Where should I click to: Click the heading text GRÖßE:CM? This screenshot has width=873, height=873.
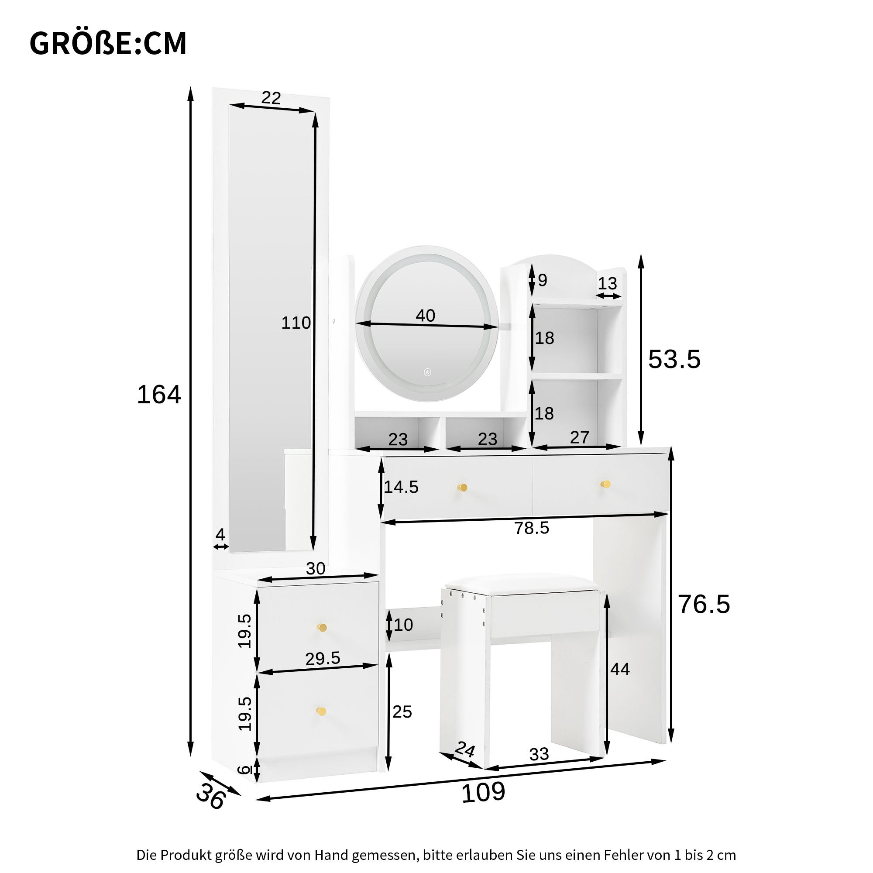point(107,44)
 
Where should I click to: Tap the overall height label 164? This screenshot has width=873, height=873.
point(158,395)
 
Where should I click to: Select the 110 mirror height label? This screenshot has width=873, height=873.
point(296,323)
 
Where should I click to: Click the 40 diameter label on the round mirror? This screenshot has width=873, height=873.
point(425,316)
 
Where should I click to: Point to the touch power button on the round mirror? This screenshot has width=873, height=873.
point(427,372)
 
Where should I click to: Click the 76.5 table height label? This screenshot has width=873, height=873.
point(704,604)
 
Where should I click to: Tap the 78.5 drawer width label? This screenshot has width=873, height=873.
point(531,528)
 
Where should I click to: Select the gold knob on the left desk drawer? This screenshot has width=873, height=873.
point(462,488)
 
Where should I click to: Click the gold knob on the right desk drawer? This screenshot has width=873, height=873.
point(605,485)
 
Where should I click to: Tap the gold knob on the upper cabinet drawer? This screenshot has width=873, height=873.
point(322,628)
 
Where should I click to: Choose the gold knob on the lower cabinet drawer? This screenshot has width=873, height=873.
point(321,711)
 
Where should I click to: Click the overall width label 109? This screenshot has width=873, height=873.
point(483,792)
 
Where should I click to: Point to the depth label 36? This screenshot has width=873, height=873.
point(210,796)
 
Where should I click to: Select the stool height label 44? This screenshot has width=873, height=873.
point(620,669)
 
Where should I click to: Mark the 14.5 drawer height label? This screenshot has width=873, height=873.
point(401,487)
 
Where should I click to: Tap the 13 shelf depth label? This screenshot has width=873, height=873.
point(607,284)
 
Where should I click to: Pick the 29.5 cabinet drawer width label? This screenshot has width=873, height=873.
point(323,658)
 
